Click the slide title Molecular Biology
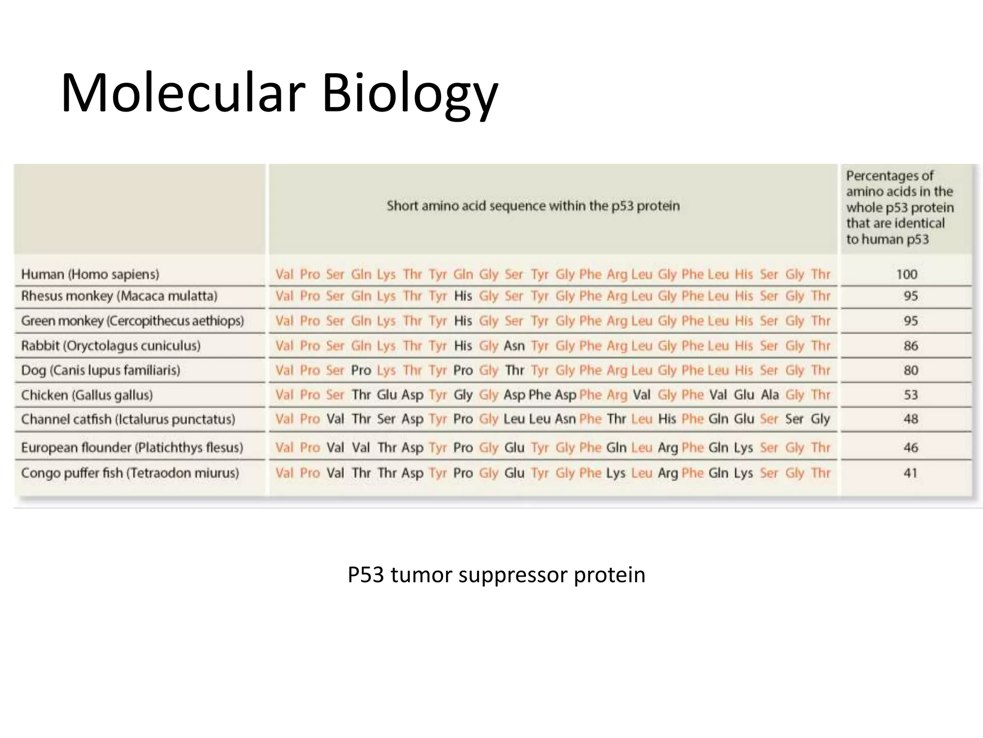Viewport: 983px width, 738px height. click(279, 93)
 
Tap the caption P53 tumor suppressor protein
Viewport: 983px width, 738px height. click(496, 575)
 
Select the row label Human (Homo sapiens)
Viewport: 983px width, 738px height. click(90, 274)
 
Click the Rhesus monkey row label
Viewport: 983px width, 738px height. click(119, 296)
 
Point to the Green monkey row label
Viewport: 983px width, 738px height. click(132, 320)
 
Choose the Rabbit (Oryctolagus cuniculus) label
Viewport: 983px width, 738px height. click(111, 345)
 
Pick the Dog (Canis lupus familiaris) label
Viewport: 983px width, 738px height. click(101, 370)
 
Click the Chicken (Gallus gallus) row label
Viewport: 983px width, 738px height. click(87, 395)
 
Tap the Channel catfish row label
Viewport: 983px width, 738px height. click(128, 419)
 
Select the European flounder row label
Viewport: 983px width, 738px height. click(132, 448)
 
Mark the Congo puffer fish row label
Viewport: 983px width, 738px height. click(130, 473)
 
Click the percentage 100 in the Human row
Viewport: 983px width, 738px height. click(907, 274)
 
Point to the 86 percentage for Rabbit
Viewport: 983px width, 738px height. click(911, 345)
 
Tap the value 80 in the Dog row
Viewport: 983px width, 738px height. click(911, 370)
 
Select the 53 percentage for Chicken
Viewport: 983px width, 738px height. click(911, 395)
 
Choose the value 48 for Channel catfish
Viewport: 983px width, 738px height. click(911, 419)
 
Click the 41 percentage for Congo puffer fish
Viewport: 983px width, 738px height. click(911, 473)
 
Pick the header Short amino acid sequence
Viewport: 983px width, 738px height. click(533, 206)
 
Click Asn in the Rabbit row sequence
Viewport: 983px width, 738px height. click(514, 345)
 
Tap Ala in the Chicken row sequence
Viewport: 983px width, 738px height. click(769, 395)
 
